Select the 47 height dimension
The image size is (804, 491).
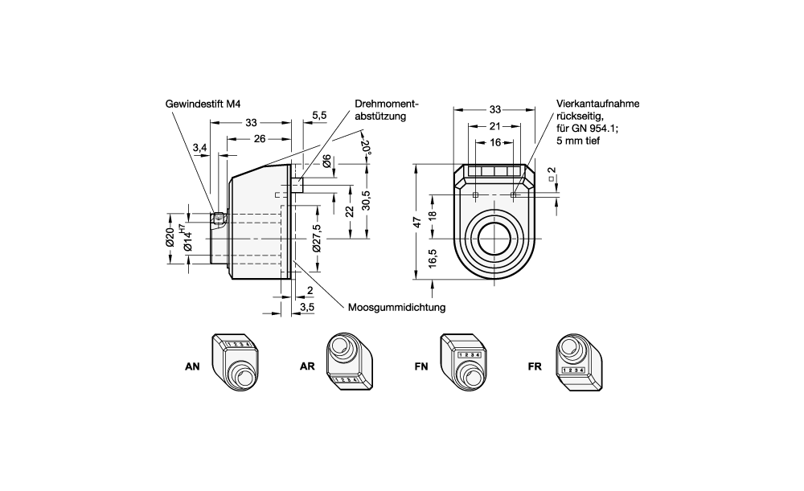click(x=416, y=223)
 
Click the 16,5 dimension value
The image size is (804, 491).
click(x=433, y=261)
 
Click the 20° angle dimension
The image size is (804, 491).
click(x=366, y=148)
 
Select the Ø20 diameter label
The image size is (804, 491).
click(x=170, y=238)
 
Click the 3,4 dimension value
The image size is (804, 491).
click(x=200, y=147)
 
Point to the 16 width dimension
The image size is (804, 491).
click(x=494, y=141)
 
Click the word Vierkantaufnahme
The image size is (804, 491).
click(x=598, y=104)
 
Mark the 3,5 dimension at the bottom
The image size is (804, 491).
click(x=306, y=307)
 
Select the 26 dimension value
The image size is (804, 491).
click(x=260, y=138)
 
